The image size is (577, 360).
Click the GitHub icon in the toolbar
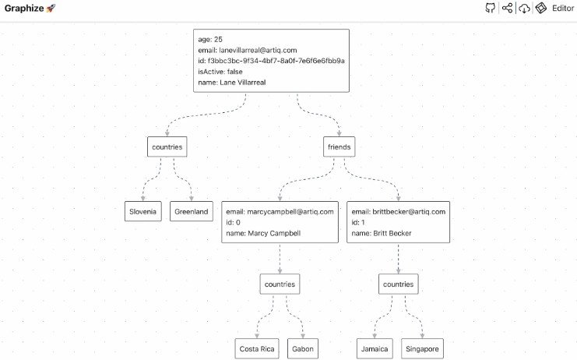[490, 8]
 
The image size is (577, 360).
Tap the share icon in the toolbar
[508, 8]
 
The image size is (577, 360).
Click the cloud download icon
[525, 8]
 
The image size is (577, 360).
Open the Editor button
[555, 8]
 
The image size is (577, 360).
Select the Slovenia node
[143, 211]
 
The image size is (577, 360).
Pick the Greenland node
[191, 211]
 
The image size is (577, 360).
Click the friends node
[340, 146]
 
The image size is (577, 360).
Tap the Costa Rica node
[258, 349]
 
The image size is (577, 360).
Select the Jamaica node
[375, 349]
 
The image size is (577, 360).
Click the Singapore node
[422, 349]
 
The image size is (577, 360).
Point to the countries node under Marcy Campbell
[280, 284]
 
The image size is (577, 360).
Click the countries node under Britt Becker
[399, 284]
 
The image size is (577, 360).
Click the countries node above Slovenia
[167, 146]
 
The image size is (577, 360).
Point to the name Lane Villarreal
[232, 82]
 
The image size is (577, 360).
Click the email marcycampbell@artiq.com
[280, 211]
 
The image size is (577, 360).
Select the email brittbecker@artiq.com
[399, 211]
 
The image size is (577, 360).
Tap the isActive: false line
[223, 71]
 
